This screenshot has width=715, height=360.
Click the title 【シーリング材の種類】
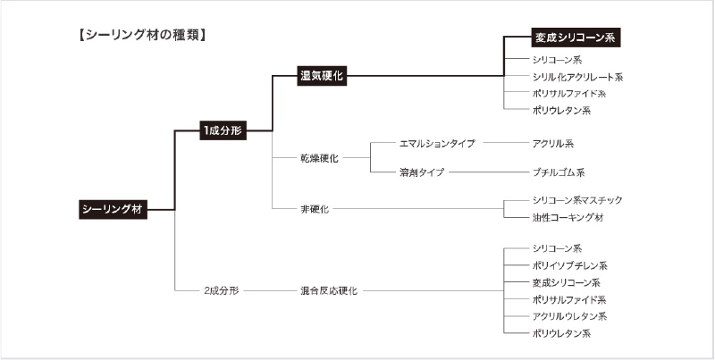142,35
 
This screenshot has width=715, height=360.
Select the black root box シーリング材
114,210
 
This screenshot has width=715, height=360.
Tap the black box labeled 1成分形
223,130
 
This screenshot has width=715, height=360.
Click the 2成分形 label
221,290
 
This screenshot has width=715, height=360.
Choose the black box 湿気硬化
322,76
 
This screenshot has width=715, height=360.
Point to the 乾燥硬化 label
319,159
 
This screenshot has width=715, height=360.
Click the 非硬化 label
315,210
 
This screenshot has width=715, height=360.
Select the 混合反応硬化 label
329,290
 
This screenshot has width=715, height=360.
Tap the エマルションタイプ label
437,144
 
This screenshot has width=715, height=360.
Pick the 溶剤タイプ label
421,172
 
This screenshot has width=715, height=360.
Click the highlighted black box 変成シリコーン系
576,38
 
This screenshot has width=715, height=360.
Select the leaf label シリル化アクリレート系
577,77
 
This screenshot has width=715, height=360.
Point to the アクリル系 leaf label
552,144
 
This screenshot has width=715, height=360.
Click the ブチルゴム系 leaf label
558,172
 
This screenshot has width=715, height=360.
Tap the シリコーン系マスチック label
577,200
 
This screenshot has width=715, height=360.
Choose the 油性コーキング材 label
568,217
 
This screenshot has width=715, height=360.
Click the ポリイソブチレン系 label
569,265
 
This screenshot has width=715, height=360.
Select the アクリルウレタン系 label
569,316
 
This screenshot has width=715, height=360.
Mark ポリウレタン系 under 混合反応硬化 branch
561,333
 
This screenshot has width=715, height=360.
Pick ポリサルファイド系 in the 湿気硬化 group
569,94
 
